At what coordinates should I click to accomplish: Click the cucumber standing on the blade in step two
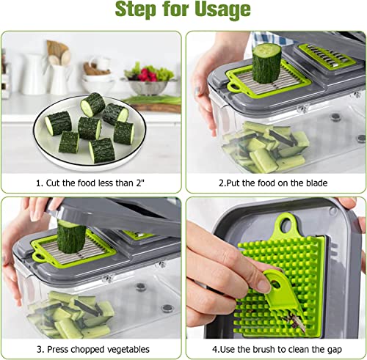point(266,62)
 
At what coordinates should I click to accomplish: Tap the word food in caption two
point(266,182)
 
